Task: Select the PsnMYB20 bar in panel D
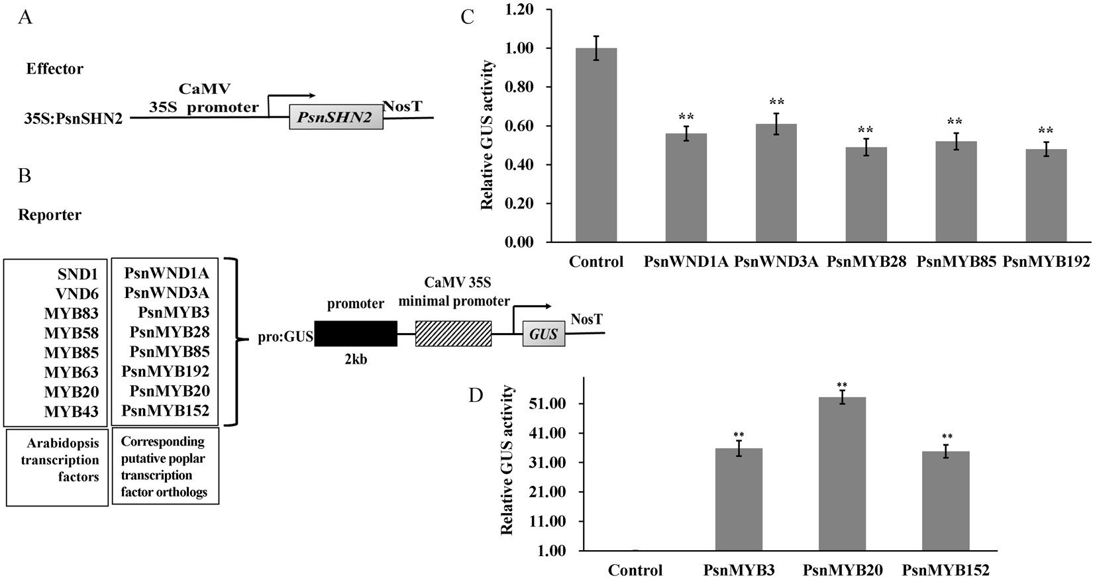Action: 842,473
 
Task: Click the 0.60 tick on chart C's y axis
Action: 519,126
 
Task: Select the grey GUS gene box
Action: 544,334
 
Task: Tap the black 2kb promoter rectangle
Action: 356,334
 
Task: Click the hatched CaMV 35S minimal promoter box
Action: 454,334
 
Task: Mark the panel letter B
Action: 25,175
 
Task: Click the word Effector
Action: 54,69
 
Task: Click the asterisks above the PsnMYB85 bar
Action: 955,122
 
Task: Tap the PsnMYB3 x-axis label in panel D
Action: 739,569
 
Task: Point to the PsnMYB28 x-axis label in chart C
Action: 866,262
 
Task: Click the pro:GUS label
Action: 285,338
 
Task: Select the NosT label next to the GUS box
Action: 586,320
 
